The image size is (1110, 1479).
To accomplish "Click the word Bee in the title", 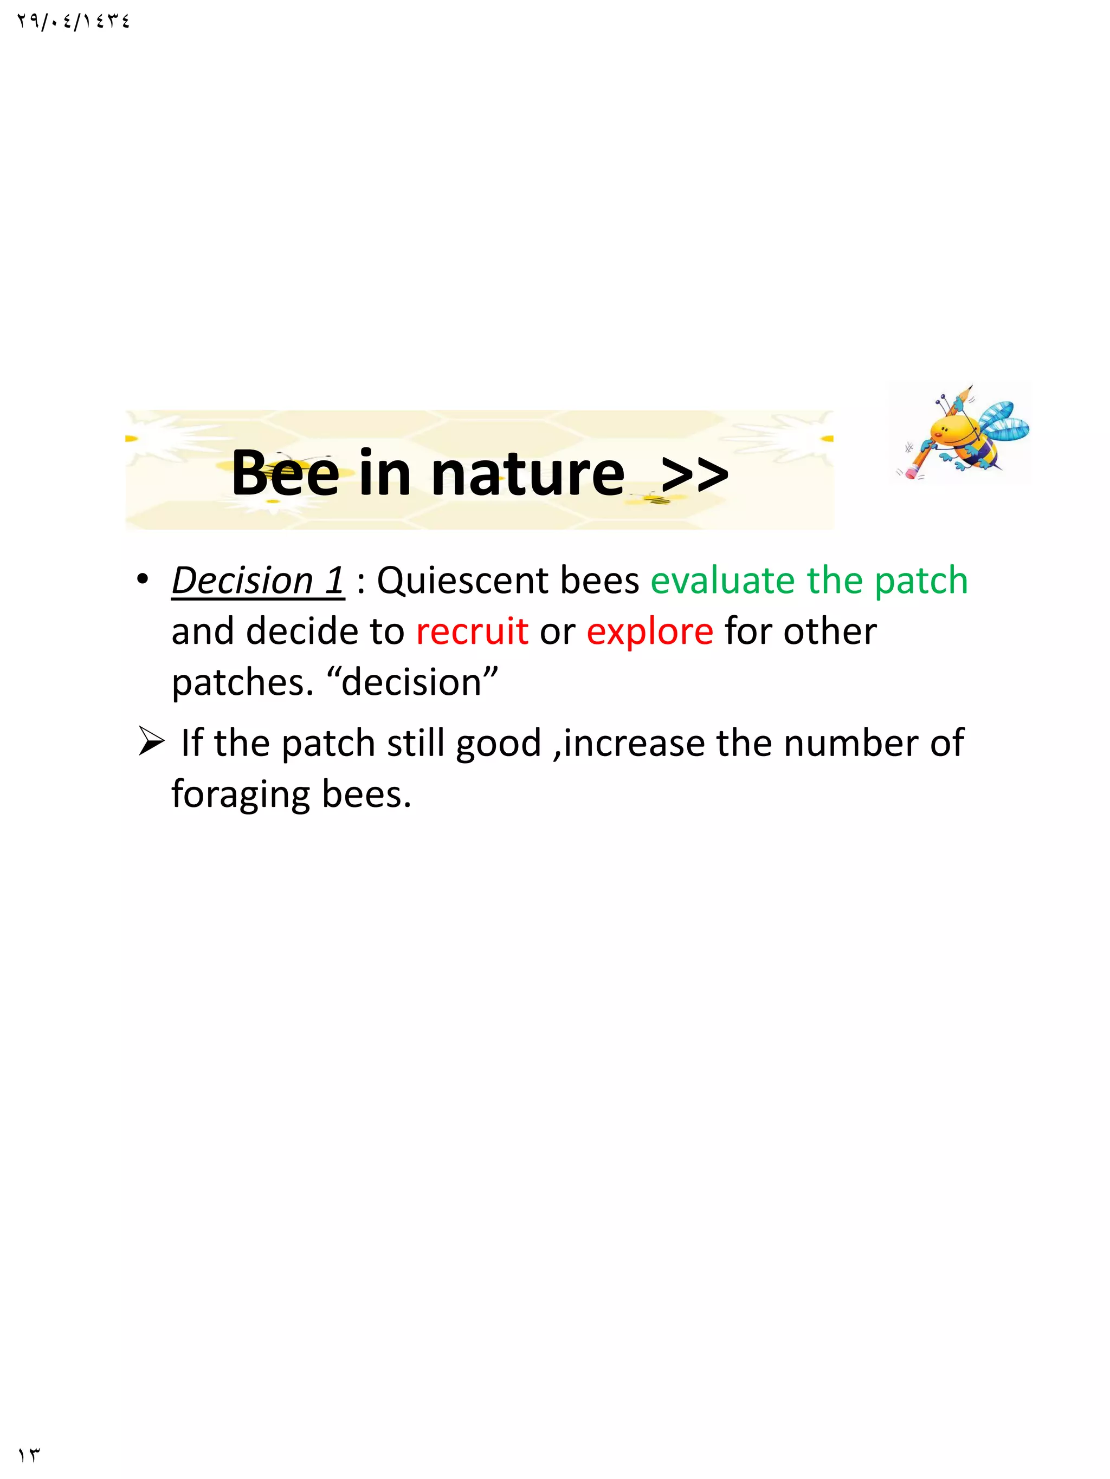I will click(285, 473).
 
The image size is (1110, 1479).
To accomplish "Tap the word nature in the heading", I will click(527, 473).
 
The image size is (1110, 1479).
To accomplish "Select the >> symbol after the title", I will click(694, 473).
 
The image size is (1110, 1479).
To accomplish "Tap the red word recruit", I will click(472, 631).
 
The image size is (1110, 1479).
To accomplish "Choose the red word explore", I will click(650, 631).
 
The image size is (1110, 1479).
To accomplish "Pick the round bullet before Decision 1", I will click(142, 579).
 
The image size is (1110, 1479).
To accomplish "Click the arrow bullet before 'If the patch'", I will click(151, 742).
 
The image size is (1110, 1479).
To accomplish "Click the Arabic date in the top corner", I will click(74, 22).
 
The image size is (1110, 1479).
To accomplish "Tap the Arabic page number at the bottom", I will click(29, 1455).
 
